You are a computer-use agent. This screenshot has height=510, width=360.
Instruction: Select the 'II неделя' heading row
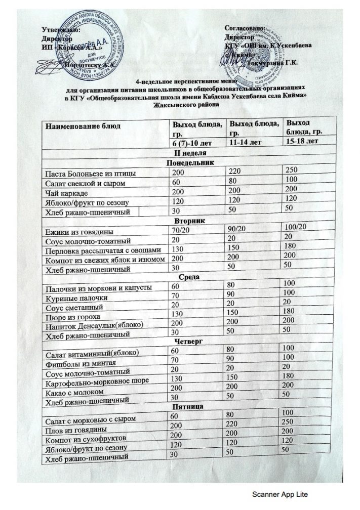(x=189, y=152)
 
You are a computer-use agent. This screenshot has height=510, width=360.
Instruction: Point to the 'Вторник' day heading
(x=189, y=221)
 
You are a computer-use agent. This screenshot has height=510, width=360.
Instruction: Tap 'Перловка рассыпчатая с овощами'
(x=103, y=250)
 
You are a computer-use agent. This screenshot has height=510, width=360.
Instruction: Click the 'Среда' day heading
(x=188, y=277)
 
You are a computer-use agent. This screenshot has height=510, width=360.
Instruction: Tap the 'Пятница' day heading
(x=188, y=406)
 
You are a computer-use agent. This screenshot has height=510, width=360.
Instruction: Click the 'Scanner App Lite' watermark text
(x=280, y=494)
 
